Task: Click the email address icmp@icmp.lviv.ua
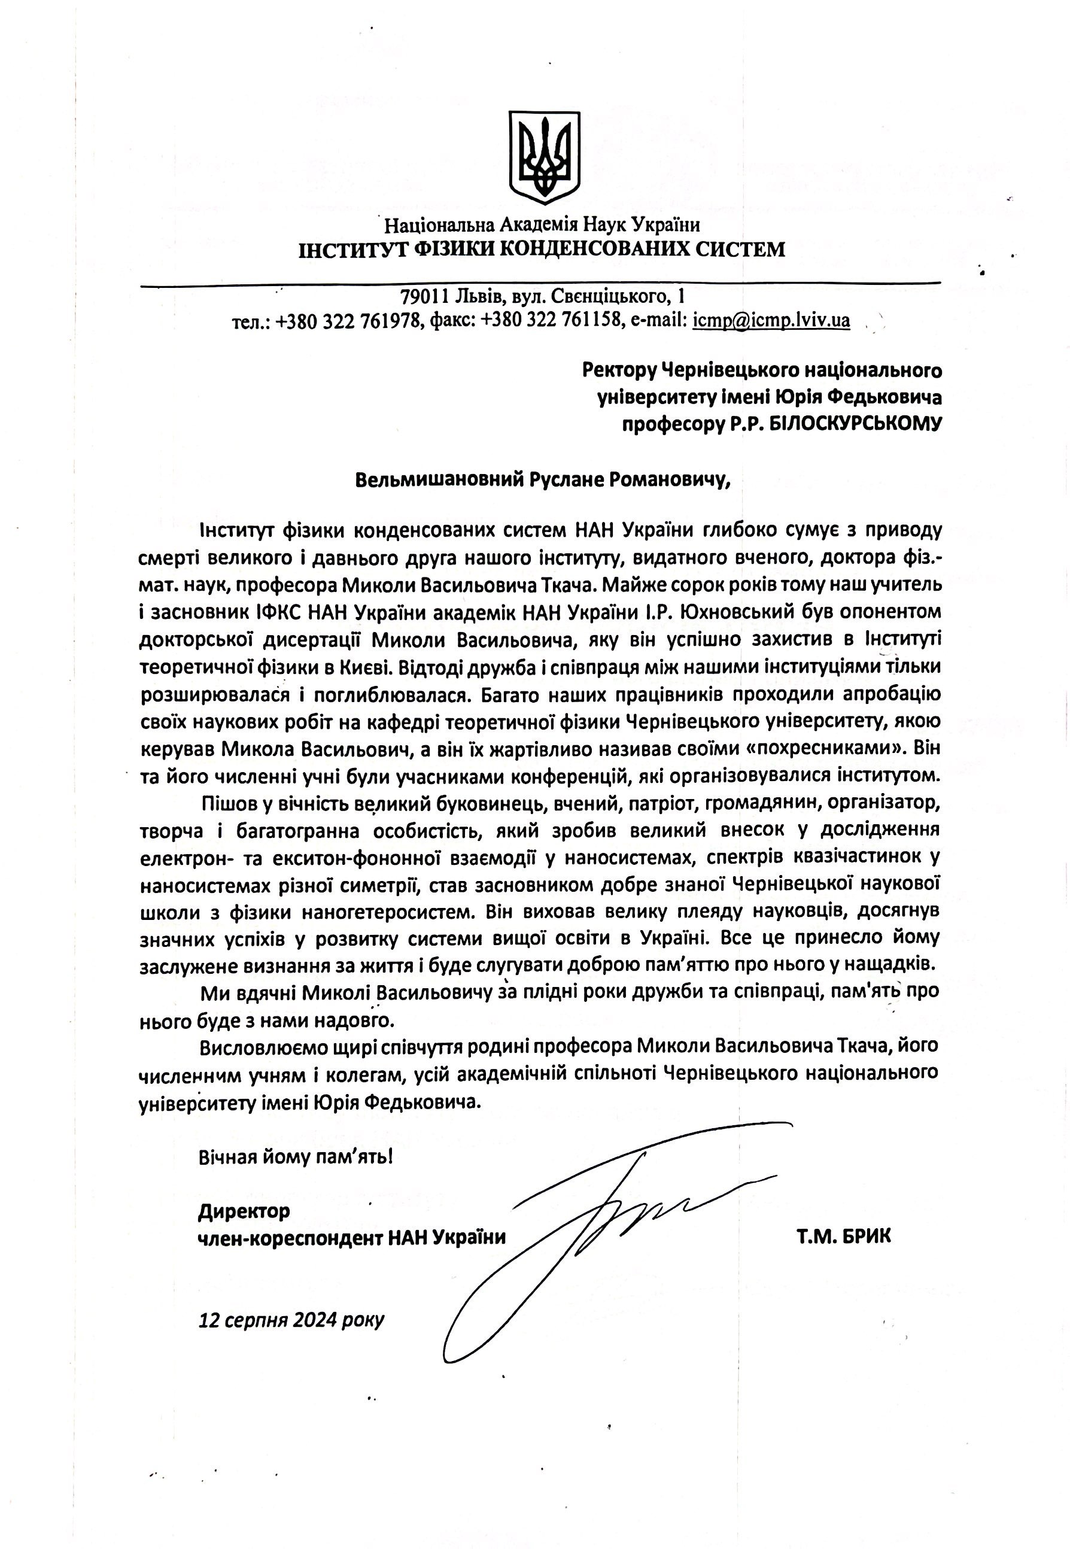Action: pos(771,321)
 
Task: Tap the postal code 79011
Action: pos(425,296)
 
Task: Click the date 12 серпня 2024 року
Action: pos(291,1320)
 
